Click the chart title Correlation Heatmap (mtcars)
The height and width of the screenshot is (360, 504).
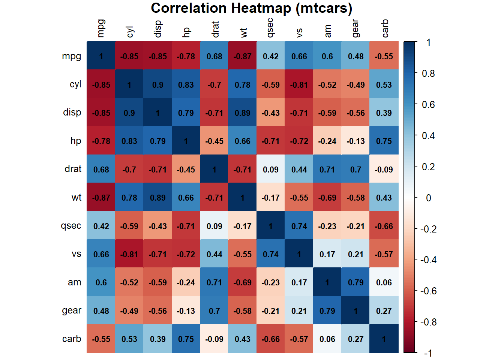pos(251,8)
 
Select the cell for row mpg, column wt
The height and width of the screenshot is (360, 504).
pos(243,56)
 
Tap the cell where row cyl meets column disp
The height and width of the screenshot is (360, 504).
pos(157,85)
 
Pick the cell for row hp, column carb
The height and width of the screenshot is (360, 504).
pos(384,141)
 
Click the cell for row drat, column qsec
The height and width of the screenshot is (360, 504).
pos(271,169)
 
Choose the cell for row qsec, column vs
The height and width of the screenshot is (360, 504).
pos(299,226)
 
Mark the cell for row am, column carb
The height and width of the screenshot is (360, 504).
pos(384,282)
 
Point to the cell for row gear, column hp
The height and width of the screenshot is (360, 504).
pos(186,311)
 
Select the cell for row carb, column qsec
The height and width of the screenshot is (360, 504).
pos(271,339)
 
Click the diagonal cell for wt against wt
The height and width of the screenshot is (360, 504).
pos(243,198)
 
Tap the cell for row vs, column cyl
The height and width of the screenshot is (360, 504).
pos(129,254)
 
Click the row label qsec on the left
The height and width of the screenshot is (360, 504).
pos(71,226)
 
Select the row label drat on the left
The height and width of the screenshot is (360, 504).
pos(73,169)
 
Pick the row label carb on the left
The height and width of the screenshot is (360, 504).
pos(72,339)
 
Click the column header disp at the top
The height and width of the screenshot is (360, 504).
pos(158,29)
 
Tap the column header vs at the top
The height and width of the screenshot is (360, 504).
pos(299,33)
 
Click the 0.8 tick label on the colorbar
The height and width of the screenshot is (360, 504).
pos(428,73)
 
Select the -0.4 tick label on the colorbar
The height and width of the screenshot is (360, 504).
pos(428,260)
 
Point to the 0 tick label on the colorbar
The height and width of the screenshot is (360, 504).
pos(428,198)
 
